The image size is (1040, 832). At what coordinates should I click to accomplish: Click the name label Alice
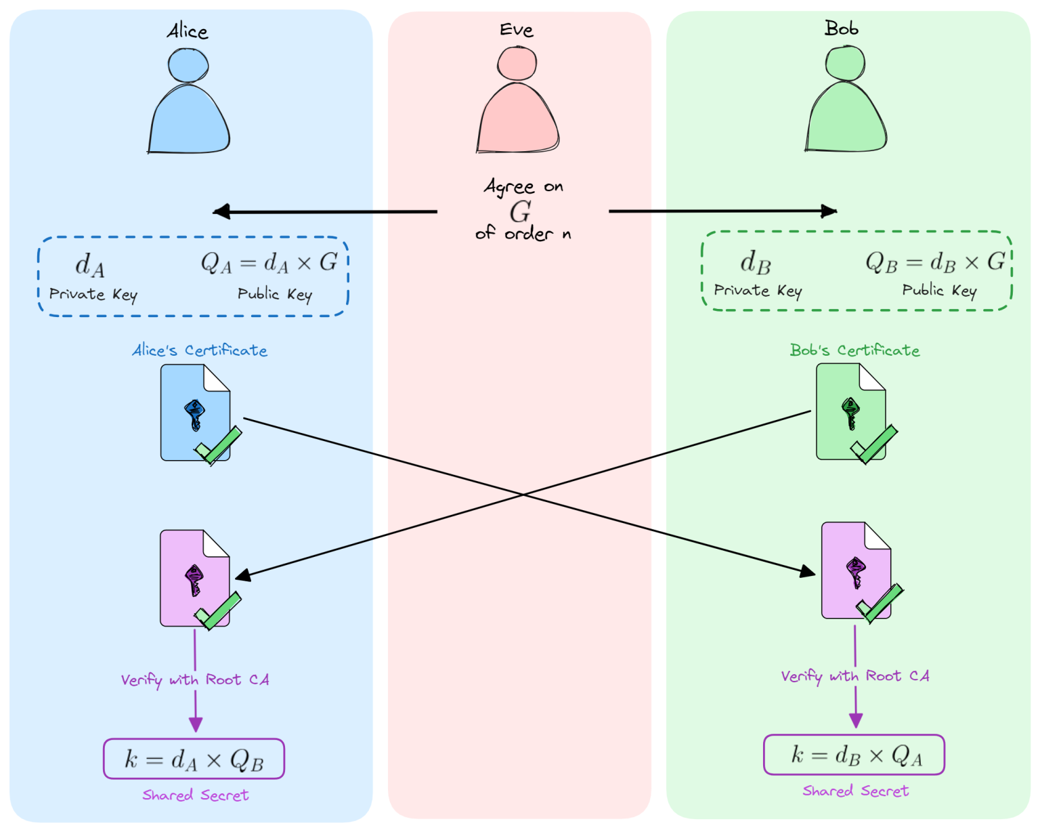(188, 31)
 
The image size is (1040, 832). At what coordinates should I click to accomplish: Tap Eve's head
(517, 64)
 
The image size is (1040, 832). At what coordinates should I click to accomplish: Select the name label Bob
(842, 28)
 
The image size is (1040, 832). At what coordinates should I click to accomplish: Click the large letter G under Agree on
(520, 211)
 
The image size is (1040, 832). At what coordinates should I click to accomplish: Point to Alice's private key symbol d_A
(90, 265)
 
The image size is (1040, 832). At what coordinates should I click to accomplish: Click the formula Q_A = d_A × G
(269, 262)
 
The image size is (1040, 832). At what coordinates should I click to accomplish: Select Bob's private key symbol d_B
(756, 262)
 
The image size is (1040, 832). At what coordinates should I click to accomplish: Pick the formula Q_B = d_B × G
(935, 262)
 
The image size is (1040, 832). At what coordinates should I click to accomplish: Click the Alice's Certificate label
(200, 350)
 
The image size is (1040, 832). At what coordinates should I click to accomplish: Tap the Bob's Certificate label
(854, 350)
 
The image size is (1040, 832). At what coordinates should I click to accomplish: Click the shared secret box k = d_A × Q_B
(194, 759)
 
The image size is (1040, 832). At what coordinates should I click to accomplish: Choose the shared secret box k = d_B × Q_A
(854, 755)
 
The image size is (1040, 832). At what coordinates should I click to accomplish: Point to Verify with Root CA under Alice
(195, 680)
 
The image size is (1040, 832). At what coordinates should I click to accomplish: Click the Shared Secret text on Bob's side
(855, 791)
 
